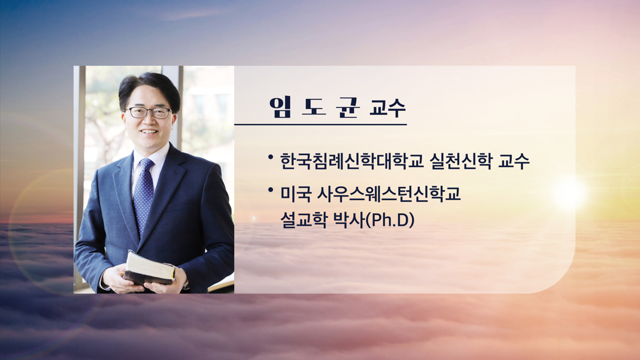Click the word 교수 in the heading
[387, 108]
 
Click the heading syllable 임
[280, 108]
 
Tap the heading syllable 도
[314, 108]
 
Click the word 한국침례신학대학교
[351, 161]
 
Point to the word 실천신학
[461, 161]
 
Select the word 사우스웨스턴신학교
[389, 193]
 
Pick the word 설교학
[304, 220]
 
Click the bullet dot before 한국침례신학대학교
[270, 157]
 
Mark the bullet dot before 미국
[270, 189]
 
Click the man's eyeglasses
[148, 112]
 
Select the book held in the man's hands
[150, 268]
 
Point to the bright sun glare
[570, 193]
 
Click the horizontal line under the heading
[320, 124]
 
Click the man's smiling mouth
[148, 131]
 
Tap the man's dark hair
[150, 88]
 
